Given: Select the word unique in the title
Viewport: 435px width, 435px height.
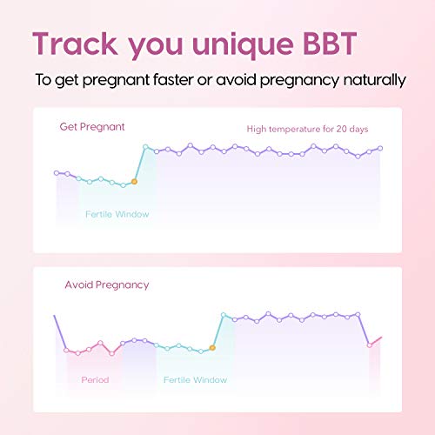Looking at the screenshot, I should [x=242, y=44].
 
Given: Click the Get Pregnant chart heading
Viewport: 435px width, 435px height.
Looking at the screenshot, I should [x=92, y=127].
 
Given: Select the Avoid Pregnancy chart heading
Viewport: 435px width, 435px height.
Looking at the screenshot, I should [x=107, y=284].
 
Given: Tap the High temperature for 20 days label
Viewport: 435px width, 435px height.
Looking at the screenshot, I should [x=307, y=130].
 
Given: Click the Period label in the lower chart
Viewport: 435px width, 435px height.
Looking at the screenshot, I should [x=95, y=379].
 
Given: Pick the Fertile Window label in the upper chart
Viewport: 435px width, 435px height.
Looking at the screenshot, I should [x=117, y=214].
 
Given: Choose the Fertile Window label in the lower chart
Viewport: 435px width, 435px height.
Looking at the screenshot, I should [x=195, y=379].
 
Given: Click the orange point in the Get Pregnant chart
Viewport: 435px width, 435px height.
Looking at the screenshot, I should [x=134, y=181].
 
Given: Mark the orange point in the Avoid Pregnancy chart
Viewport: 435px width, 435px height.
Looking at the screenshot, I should [x=212, y=347].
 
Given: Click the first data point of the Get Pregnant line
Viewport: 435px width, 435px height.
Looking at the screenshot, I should [x=57, y=172].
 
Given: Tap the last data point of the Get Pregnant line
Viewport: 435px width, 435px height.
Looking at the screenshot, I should [x=380, y=148].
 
